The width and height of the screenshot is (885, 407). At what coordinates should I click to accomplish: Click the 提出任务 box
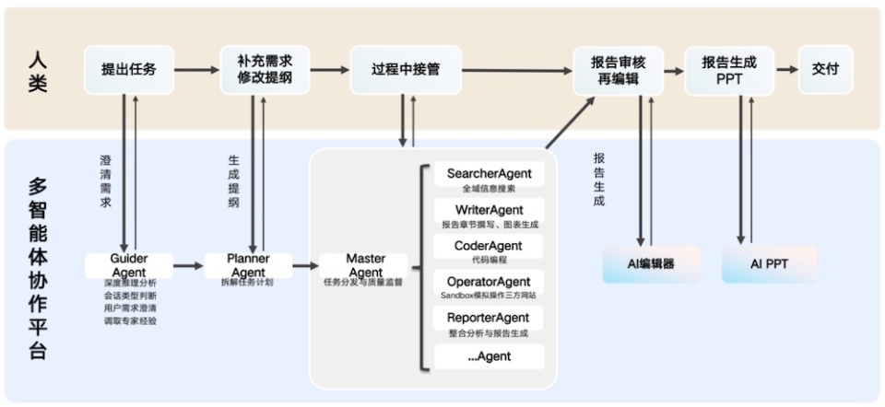(128, 69)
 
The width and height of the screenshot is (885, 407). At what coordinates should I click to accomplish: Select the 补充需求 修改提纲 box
(265, 69)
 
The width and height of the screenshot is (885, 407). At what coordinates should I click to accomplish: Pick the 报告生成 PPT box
(729, 70)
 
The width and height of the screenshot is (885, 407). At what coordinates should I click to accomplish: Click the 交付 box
(825, 69)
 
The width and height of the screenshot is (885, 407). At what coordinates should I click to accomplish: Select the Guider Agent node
(128, 266)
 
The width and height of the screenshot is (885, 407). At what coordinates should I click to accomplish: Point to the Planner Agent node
(248, 266)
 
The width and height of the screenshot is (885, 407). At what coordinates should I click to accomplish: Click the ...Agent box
(490, 356)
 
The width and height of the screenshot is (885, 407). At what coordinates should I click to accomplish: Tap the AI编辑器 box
(651, 264)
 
